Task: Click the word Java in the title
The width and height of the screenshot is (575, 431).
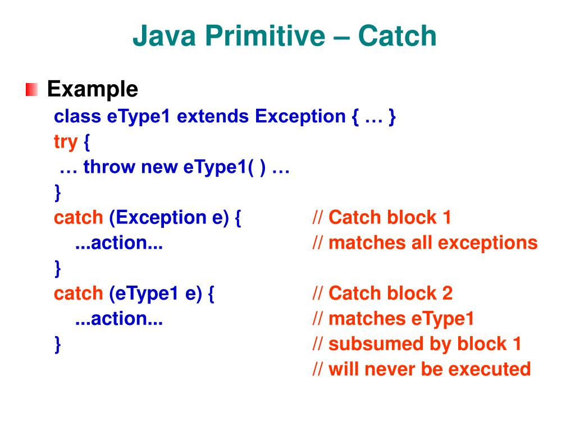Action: click(x=164, y=36)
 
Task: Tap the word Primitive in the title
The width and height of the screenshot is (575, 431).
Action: click(x=265, y=36)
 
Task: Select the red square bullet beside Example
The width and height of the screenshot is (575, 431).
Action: click(x=31, y=89)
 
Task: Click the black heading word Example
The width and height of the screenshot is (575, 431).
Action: click(x=93, y=89)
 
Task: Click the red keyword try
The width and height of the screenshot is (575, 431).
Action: click(x=66, y=142)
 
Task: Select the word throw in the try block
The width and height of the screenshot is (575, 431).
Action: click(x=109, y=167)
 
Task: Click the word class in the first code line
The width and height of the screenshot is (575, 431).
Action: click(x=77, y=117)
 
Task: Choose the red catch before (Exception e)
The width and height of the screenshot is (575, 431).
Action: click(x=79, y=218)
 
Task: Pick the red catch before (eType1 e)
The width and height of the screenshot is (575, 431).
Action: click(x=79, y=294)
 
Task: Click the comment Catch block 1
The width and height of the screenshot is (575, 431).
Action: click(x=390, y=217)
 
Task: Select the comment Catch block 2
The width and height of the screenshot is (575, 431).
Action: click(x=390, y=293)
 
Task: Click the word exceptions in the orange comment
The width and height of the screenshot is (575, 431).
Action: click(x=488, y=244)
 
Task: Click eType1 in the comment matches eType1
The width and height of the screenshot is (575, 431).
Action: click(x=442, y=319)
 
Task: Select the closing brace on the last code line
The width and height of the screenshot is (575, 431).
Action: click(x=58, y=345)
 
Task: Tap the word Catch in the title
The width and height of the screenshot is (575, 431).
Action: click(x=397, y=36)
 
